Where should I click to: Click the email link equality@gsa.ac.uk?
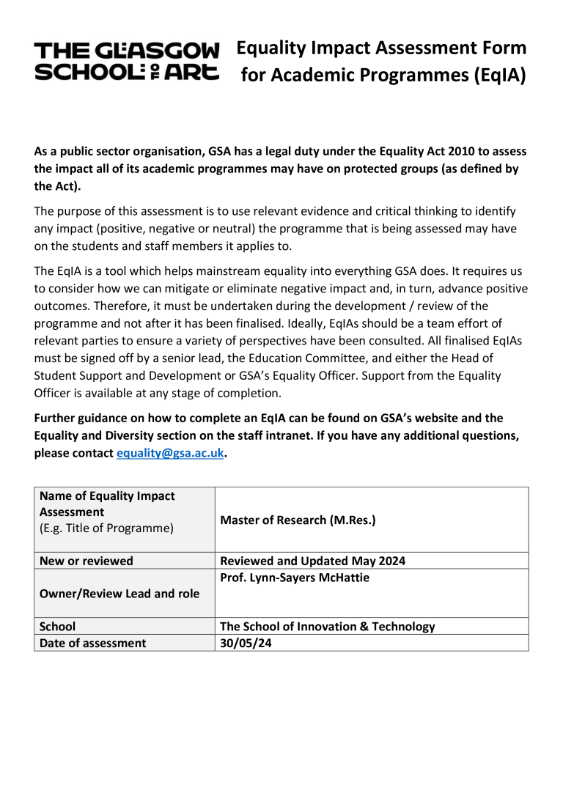[x=170, y=453]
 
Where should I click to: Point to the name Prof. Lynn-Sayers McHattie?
[x=295, y=578]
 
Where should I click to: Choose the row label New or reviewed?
[x=87, y=561]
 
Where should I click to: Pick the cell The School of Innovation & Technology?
[x=328, y=627]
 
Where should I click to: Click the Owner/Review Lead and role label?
[x=119, y=593]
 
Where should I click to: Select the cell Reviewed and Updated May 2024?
[x=313, y=561]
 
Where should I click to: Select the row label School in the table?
[x=58, y=627]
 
